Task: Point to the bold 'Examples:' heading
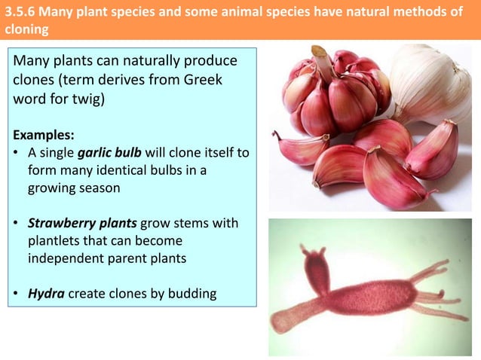click(43, 136)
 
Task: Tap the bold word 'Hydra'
click(46, 294)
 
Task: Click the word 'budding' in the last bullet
click(192, 294)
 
